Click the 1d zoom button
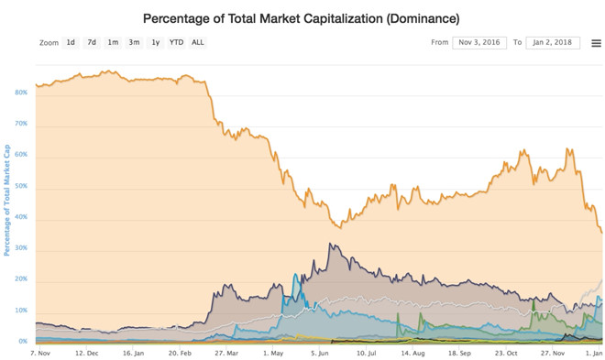click(x=71, y=42)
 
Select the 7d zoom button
click(x=92, y=42)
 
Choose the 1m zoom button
click(x=113, y=42)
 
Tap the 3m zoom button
click(x=134, y=42)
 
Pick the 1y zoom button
click(x=156, y=42)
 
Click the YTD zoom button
click(x=176, y=42)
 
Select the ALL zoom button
click(x=198, y=42)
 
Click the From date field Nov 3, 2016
click(x=479, y=42)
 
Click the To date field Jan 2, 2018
click(x=553, y=42)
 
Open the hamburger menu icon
click(x=596, y=43)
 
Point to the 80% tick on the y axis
click(x=21, y=93)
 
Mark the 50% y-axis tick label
click(x=21, y=186)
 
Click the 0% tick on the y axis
click(x=23, y=342)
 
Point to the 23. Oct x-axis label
click(x=505, y=352)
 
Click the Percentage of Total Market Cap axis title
click(x=7, y=200)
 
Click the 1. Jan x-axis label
click(x=591, y=352)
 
